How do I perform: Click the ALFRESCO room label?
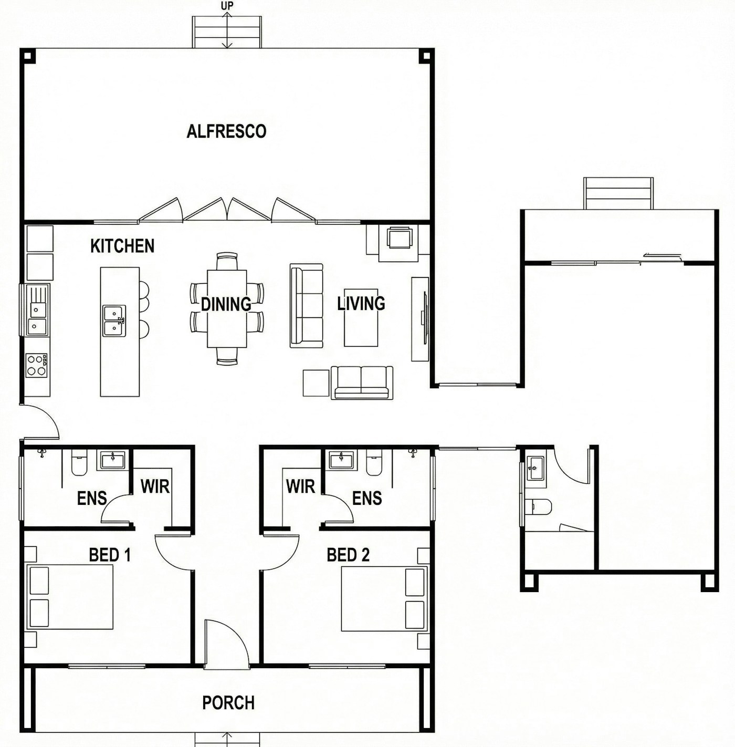click(226, 131)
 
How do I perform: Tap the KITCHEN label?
click(122, 246)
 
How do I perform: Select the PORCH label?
click(228, 703)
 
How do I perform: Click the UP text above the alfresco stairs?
click(227, 6)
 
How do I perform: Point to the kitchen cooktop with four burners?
click(37, 365)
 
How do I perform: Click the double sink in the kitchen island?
click(114, 320)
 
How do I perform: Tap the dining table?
click(227, 308)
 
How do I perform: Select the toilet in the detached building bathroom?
click(539, 506)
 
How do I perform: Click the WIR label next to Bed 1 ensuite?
click(155, 486)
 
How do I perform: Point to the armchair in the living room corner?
click(399, 238)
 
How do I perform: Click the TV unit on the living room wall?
click(420, 319)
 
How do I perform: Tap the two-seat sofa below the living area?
click(362, 382)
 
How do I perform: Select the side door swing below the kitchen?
click(41, 422)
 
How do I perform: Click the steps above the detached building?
click(618, 193)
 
